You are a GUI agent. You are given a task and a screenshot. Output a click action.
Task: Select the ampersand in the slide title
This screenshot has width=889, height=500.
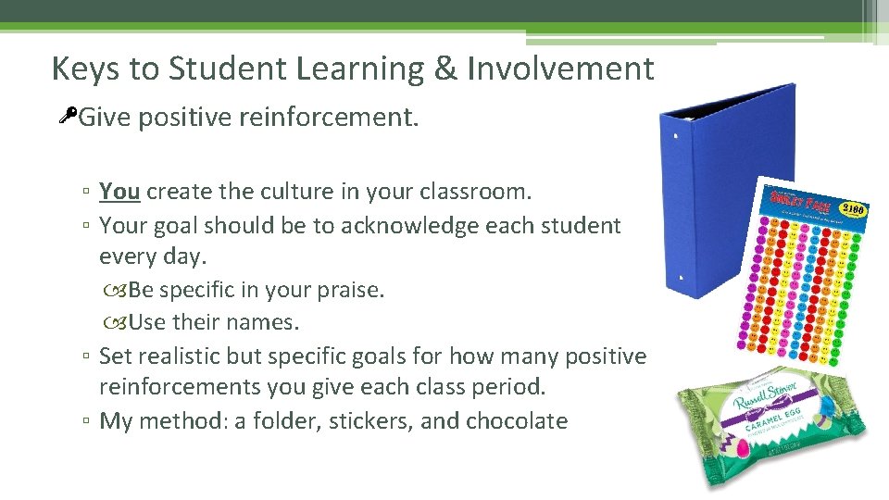point(445,69)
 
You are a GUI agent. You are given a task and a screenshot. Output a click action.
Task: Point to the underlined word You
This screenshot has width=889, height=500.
point(119,192)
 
